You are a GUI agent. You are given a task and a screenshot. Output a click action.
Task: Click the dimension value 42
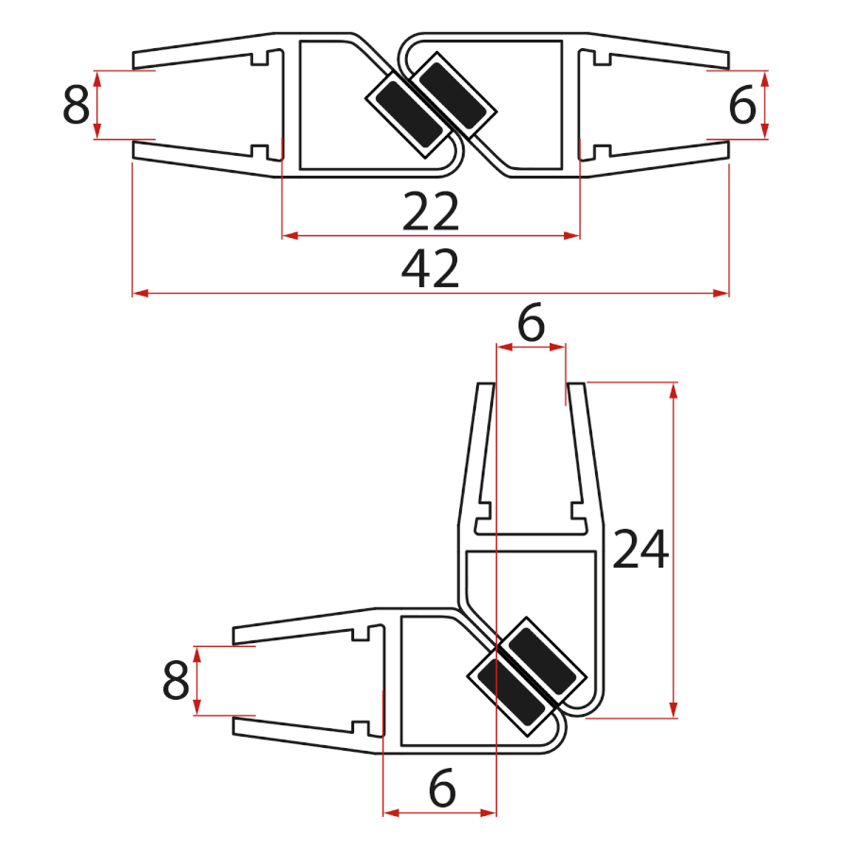tap(431, 271)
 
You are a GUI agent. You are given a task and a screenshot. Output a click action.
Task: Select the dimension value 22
tap(431, 212)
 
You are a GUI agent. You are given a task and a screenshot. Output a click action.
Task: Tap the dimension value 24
tap(640, 551)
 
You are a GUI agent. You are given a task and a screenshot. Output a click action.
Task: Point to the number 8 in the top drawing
tap(76, 106)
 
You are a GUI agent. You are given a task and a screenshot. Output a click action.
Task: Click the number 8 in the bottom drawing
tap(176, 681)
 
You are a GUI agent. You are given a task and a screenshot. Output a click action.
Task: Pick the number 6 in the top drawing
tap(742, 106)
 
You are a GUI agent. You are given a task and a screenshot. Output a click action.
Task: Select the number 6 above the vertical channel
tap(532, 326)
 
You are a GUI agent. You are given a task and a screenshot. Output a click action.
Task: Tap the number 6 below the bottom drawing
tap(441, 789)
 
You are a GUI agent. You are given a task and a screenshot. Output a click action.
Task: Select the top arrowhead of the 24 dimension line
tap(672, 390)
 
